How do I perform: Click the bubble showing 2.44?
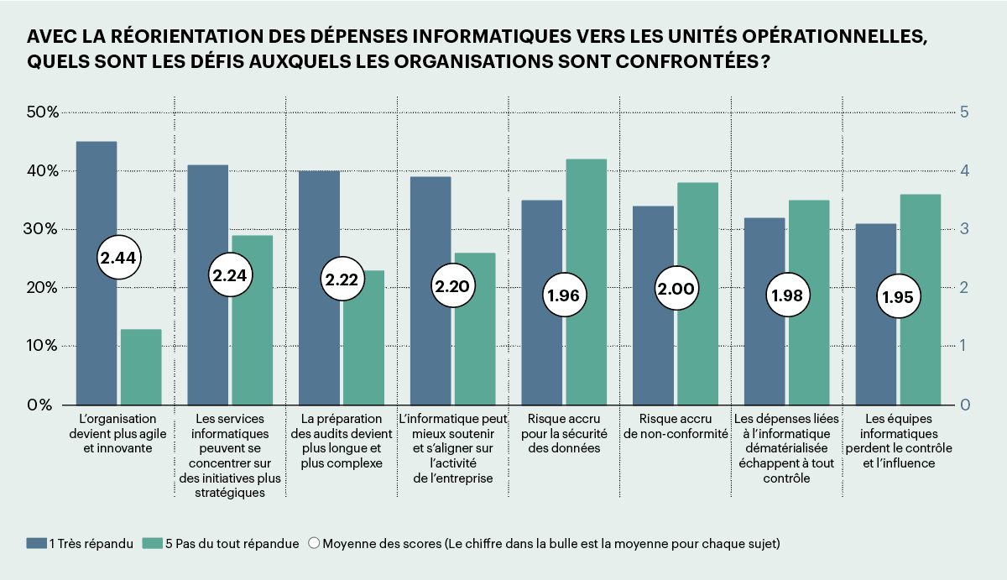pos(118,259)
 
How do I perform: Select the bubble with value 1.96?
pos(564,295)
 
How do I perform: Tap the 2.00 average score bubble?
pos(676,289)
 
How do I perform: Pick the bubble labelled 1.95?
pos(898,296)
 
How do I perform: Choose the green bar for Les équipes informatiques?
pos(920,252)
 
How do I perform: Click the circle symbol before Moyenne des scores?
pos(313,544)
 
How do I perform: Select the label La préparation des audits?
pos(342,441)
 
